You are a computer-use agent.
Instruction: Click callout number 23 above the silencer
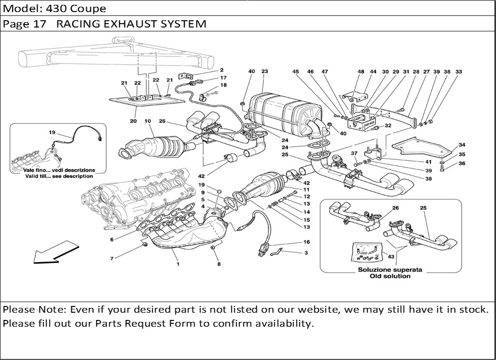(264, 71)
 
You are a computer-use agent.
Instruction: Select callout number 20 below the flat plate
(133, 121)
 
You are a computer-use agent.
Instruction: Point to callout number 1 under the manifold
(178, 264)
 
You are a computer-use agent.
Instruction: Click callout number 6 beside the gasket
(111, 239)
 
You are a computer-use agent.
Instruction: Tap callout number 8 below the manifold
(219, 264)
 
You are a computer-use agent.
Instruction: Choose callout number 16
(306, 242)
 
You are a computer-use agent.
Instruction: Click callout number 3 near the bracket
(306, 253)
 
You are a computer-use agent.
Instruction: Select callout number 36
(462, 164)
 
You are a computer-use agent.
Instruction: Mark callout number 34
(462, 145)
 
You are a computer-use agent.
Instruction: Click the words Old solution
(390, 276)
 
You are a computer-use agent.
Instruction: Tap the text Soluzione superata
(390, 270)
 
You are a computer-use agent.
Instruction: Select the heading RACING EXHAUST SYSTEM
(131, 24)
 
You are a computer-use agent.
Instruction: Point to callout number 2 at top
(222, 70)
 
